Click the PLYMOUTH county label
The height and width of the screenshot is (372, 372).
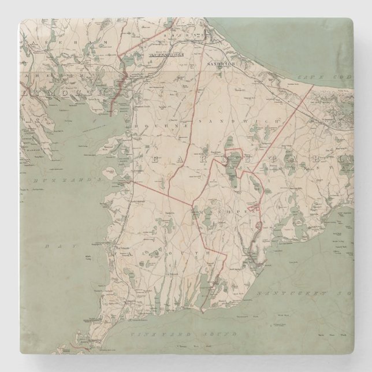pyautogui.click(x=63, y=91)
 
